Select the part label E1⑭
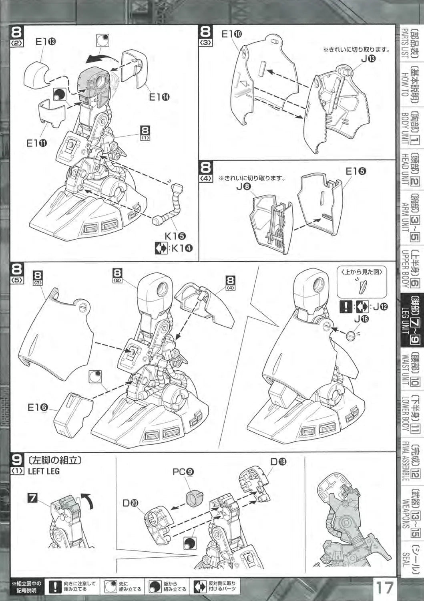coord(158,98)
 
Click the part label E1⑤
coord(356,171)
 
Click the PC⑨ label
coord(183,472)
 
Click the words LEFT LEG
coord(44,471)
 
